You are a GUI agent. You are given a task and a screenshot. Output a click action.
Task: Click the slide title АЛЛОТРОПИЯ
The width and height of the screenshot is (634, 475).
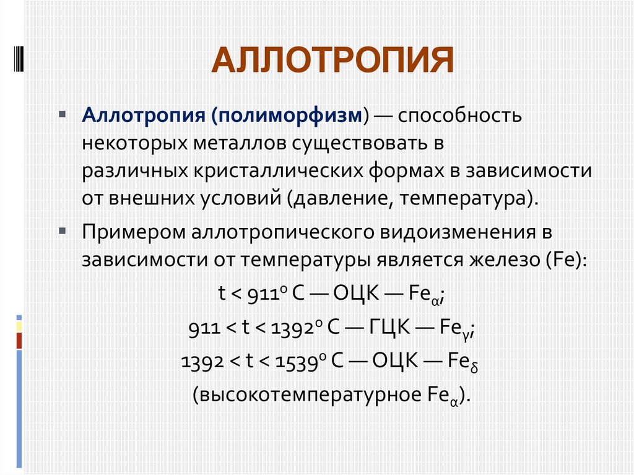point(332,60)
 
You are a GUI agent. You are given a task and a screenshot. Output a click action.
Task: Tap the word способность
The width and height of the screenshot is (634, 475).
point(460,116)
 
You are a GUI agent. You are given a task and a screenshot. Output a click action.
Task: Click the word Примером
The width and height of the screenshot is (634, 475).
point(134,233)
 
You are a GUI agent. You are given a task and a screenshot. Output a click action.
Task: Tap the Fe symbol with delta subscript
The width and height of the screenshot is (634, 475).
point(462,362)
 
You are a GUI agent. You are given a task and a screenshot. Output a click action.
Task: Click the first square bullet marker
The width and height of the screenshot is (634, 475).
point(62,114)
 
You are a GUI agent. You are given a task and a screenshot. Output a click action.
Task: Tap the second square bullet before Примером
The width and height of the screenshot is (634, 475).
point(62,231)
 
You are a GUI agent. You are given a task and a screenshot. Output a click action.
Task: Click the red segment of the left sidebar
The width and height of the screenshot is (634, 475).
point(19,341)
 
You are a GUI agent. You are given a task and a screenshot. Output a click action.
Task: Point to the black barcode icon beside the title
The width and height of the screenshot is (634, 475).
point(19,59)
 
